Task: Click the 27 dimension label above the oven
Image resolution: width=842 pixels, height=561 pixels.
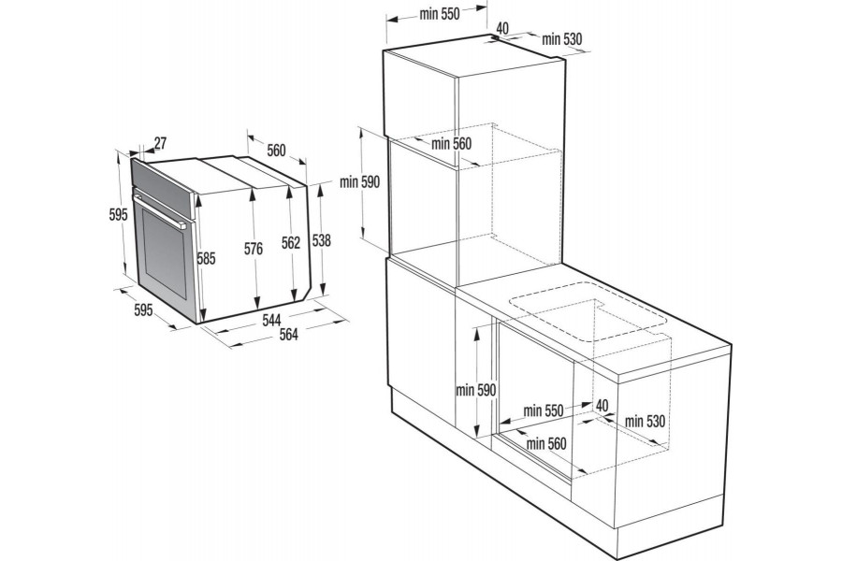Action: tap(161, 143)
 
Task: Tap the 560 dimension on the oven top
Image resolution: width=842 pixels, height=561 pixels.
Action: tap(276, 151)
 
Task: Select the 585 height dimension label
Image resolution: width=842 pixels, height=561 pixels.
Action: tap(206, 259)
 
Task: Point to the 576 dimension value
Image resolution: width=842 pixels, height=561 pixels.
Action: tap(254, 249)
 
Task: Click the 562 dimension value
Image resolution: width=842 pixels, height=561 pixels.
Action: tap(291, 243)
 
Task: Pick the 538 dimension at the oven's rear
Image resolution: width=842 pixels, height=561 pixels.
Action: tap(322, 241)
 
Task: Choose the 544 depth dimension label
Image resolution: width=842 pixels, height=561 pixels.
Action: tap(271, 320)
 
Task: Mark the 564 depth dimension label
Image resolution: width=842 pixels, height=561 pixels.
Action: tap(288, 334)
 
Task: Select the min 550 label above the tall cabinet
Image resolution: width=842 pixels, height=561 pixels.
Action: tap(440, 14)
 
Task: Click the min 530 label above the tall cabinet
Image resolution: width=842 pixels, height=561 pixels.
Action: tap(561, 38)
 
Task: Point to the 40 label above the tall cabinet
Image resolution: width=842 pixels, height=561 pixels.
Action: tap(502, 28)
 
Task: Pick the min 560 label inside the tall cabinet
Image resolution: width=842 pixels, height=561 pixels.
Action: tap(451, 143)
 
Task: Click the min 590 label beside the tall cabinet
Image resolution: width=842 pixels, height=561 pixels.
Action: tap(360, 182)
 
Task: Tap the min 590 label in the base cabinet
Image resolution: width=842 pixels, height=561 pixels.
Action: tap(476, 390)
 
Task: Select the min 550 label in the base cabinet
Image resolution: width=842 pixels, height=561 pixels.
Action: tap(544, 410)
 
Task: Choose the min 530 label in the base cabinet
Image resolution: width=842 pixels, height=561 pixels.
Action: tap(645, 422)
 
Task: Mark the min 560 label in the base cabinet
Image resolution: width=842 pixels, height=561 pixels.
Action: tap(546, 443)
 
